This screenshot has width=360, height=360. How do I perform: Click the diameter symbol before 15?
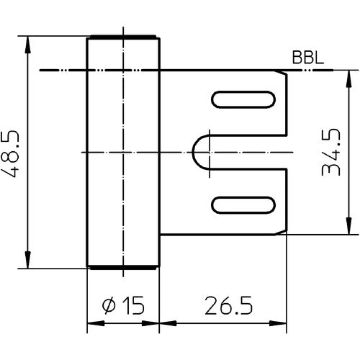coord(109,307)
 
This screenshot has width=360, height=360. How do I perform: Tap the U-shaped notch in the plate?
coord(205,152)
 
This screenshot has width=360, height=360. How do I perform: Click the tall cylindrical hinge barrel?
coord(122,152)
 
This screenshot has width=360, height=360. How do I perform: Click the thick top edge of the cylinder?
coord(122,37)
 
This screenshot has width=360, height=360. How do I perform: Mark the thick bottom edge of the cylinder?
coord(122,267)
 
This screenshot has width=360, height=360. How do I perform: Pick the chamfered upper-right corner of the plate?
coord(283,74)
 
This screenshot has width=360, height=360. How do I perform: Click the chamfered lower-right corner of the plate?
coord(283,230)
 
